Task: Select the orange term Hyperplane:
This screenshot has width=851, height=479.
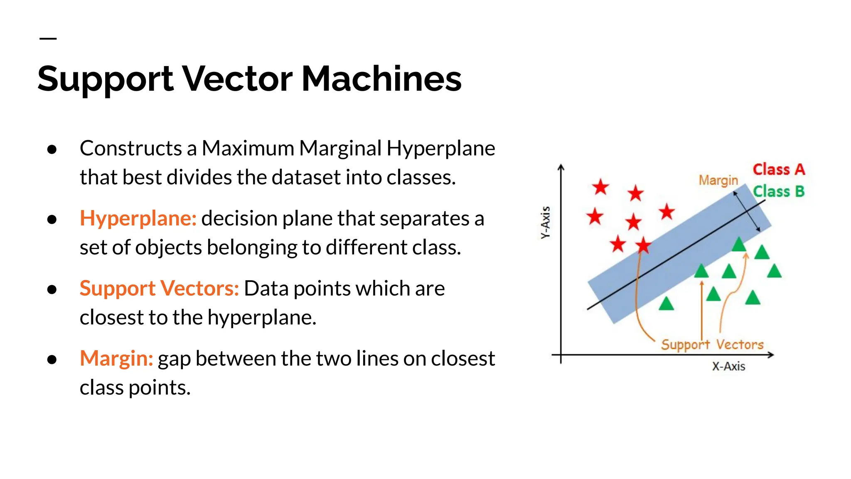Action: [138, 218]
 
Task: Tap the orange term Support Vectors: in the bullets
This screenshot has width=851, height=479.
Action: [159, 289]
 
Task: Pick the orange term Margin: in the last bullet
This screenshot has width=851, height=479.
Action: [116, 358]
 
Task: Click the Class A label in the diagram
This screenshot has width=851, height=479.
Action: [779, 170]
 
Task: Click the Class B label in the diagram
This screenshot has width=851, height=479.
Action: [779, 192]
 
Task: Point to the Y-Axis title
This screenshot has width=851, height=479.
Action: [546, 222]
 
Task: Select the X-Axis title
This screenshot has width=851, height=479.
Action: [728, 366]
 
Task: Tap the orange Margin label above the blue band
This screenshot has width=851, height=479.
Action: [718, 180]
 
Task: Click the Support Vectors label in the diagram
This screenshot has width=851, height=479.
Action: [712, 345]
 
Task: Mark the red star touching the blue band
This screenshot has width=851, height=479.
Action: [643, 245]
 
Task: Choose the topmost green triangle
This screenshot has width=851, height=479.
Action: [739, 244]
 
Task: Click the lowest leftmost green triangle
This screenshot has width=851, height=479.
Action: [667, 304]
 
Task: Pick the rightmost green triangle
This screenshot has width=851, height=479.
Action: [774, 271]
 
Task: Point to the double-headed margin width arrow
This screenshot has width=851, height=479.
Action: [747, 211]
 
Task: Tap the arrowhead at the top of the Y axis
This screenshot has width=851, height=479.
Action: [561, 167]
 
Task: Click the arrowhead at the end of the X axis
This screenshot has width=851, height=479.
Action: [770, 355]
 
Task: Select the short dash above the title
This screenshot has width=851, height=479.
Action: [48, 39]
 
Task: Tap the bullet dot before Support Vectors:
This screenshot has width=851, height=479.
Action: [52, 289]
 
